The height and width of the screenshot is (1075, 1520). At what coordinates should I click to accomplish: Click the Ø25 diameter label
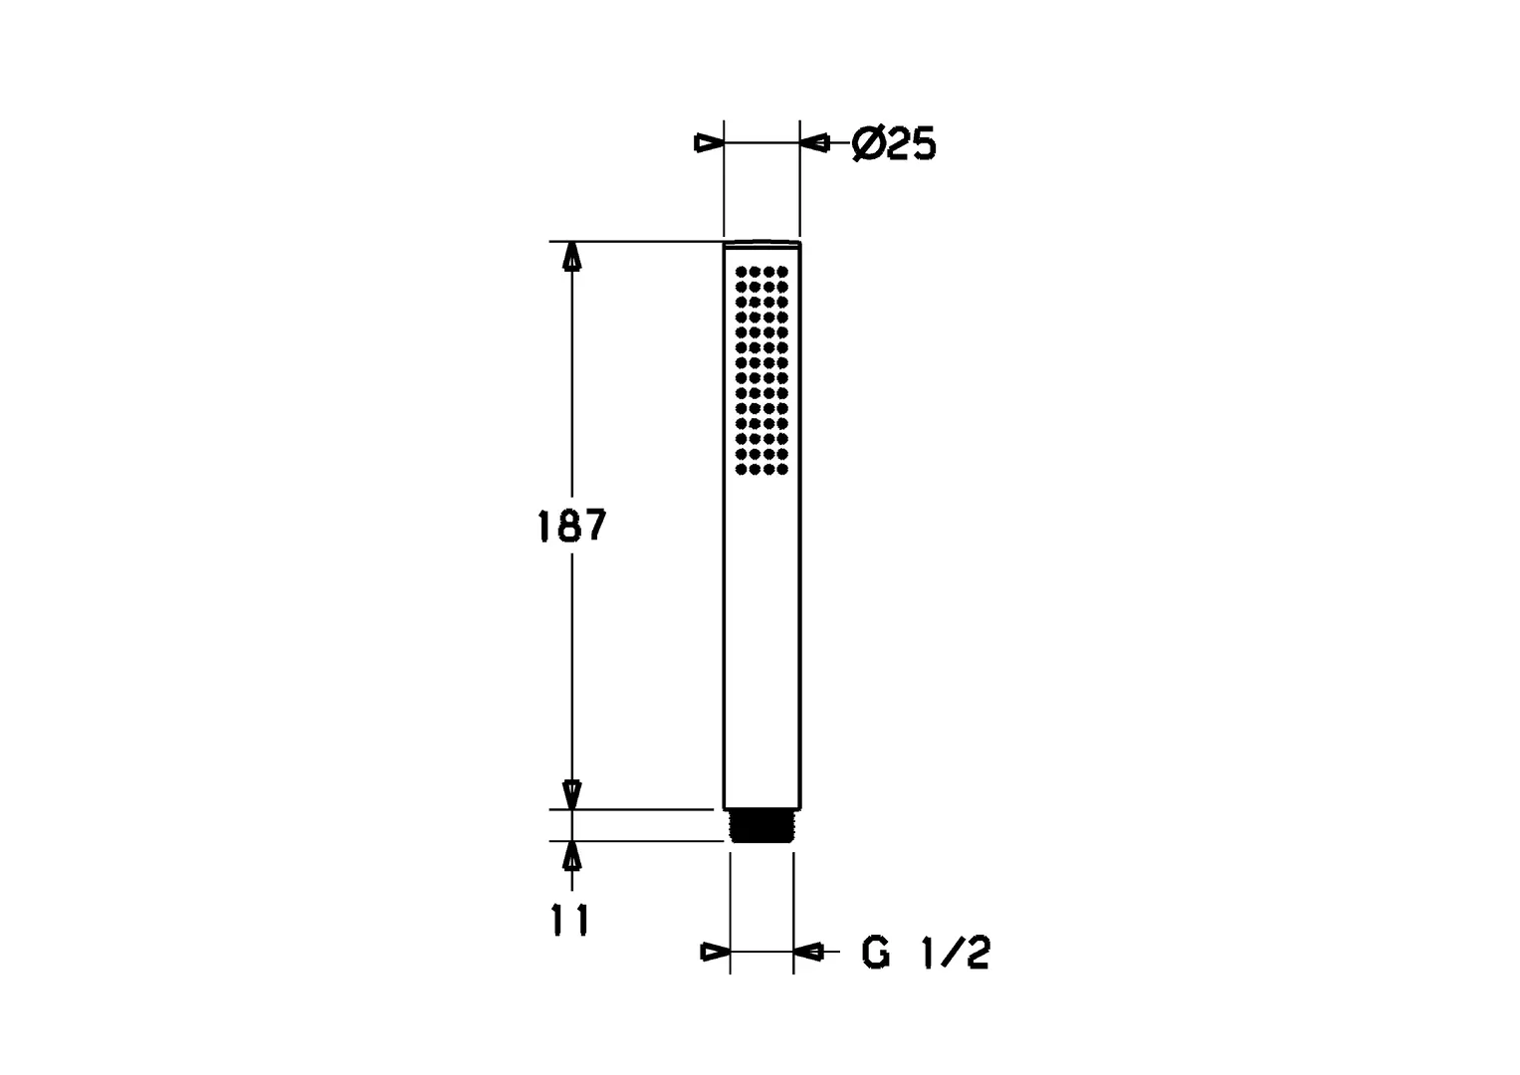[894, 144]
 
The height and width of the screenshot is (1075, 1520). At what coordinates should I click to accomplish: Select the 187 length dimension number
[571, 526]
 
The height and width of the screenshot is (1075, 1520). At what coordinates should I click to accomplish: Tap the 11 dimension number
[570, 921]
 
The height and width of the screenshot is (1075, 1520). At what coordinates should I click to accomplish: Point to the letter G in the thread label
[875, 952]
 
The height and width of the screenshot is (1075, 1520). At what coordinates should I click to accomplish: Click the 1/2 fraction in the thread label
[957, 952]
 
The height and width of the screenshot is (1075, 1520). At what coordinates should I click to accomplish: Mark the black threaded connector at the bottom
[761, 826]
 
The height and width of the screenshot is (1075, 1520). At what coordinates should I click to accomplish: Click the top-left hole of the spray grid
[741, 272]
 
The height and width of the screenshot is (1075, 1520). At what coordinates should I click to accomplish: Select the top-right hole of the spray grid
[782, 272]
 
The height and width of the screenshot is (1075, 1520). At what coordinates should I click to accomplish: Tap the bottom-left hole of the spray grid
[741, 469]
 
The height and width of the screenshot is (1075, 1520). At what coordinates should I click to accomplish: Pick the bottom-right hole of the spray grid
[782, 469]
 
